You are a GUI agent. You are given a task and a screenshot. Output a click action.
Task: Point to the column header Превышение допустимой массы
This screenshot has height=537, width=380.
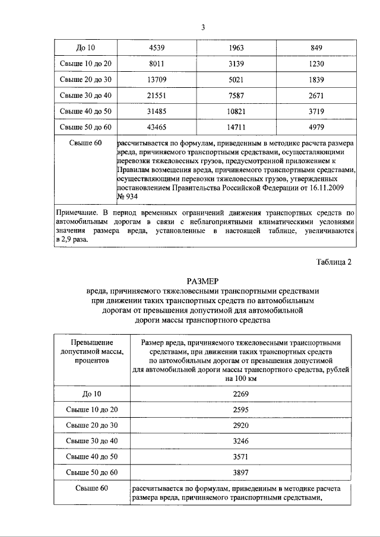(91, 352)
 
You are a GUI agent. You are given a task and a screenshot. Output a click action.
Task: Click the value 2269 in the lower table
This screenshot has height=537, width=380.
(240, 393)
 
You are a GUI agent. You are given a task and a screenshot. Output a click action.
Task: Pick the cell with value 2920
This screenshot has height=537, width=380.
(240, 425)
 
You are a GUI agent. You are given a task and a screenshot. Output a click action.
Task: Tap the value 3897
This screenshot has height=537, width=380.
(240, 472)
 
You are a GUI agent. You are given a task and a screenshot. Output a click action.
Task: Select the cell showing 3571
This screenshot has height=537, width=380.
(240, 457)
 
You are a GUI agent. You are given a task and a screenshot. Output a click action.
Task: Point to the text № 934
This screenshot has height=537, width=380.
(129, 196)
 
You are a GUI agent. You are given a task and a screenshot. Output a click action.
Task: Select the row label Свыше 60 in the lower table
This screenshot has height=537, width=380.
(91, 488)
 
